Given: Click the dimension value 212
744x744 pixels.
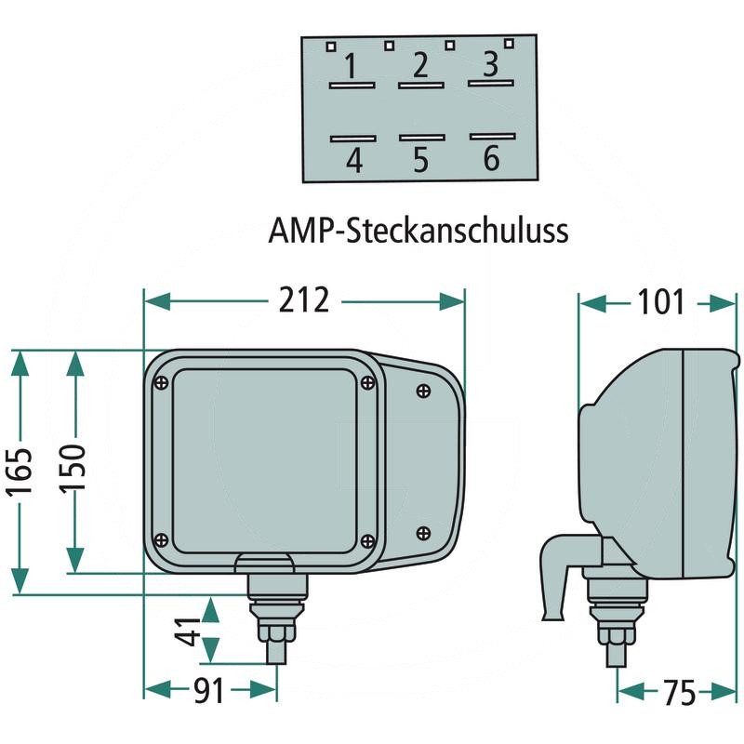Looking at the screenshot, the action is (x=304, y=300).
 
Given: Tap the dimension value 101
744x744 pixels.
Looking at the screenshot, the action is (x=660, y=302).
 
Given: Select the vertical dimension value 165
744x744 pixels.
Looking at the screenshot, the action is (x=20, y=472).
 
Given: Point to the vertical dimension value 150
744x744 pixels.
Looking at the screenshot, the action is (x=73, y=469).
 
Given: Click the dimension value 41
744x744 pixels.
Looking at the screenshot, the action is (x=189, y=632).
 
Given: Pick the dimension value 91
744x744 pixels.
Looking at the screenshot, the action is (x=208, y=691).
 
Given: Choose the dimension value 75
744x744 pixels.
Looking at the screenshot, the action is (x=680, y=693).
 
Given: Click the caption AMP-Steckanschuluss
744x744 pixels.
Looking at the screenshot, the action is (x=418, y=231).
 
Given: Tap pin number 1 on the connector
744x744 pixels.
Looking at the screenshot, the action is (x=351, y=66).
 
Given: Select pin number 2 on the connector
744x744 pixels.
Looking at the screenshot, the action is (x=421, y=65).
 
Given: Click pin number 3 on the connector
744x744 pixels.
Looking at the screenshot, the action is (x=491, y=63).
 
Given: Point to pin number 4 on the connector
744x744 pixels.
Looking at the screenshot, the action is (x=354, y=160).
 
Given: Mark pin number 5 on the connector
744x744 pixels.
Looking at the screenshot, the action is (x=421, y=159).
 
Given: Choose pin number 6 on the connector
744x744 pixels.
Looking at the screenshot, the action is (x=492, y=158).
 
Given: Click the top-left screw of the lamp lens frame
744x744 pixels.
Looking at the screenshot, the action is (x=161, y=382).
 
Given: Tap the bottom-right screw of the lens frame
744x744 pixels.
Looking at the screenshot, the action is (x=367, y=540).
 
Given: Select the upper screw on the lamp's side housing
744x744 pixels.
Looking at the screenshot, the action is (x=423, y=391).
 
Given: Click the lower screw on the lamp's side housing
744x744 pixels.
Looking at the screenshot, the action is (x=423, y=533).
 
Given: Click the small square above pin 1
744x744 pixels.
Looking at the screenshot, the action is (x=331, y=46).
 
